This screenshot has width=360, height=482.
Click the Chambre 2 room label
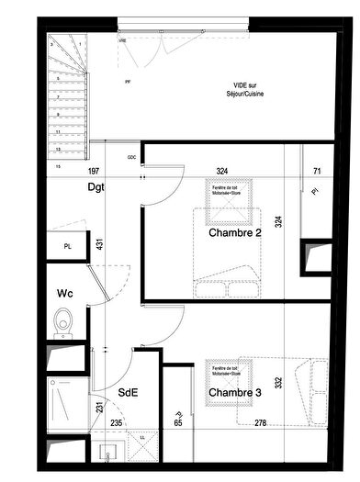(x=234, y=233)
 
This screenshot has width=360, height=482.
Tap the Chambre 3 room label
(x=234, y=393)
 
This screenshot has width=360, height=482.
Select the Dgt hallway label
(x=96, y=187)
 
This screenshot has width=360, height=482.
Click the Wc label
(x=64, y=295)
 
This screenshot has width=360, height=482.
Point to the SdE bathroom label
(x=128, y=392)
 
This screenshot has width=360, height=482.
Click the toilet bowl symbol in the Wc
(x=63, y=321)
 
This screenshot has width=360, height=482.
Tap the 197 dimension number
(x=93, y=171)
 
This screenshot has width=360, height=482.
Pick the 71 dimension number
(x=317, y=171)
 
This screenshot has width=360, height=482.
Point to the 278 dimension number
(x=261, y=422)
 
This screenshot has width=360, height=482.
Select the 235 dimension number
(x=116, y=422)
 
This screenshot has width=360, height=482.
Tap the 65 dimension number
(x=177, y=422)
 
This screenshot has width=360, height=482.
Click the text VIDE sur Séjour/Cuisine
(x=249, y=90)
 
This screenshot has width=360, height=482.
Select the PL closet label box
(x=67, y=247)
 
